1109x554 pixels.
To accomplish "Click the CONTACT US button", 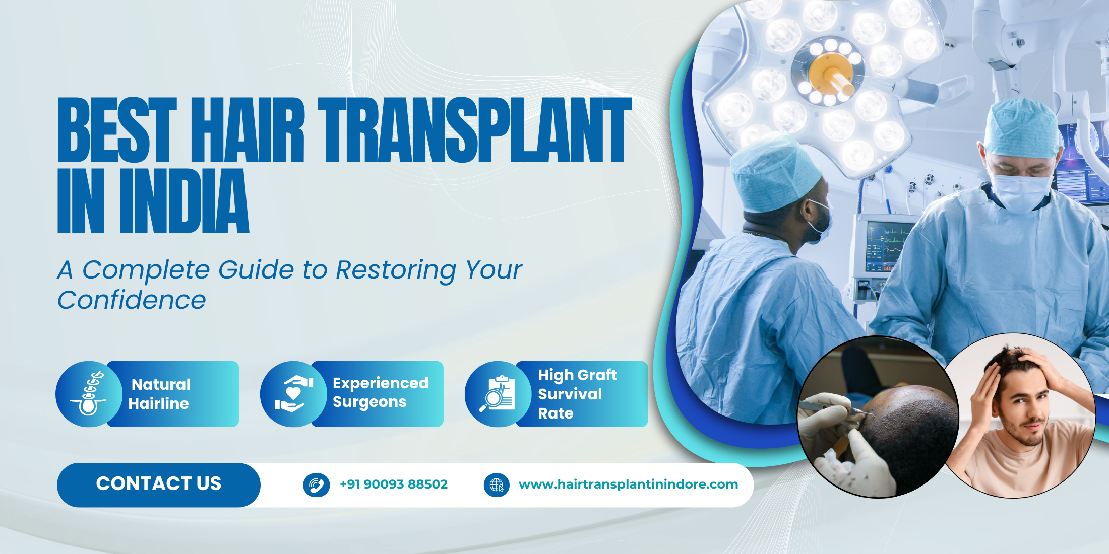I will pos(159,484).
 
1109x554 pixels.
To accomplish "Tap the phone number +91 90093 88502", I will pos(393,484).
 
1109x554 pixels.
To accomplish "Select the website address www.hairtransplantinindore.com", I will pos(628,484).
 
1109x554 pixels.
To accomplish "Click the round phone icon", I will pos(317,485).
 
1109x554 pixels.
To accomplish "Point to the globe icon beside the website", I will pos(497,485).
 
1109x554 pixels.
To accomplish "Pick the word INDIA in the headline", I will pos(184,201).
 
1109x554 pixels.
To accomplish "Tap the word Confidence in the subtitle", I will pos(132,300).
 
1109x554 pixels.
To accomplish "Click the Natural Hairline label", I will pos(160,394).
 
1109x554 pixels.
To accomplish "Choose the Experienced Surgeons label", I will pos(380,393).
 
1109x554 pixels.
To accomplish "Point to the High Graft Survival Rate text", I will pos(577,394).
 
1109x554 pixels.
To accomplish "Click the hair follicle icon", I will pos(89,394).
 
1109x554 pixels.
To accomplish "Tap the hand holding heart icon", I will pos(293,394).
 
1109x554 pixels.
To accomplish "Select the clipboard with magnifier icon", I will pos(498,394).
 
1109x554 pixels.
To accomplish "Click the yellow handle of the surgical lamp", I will pos(834,76).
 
